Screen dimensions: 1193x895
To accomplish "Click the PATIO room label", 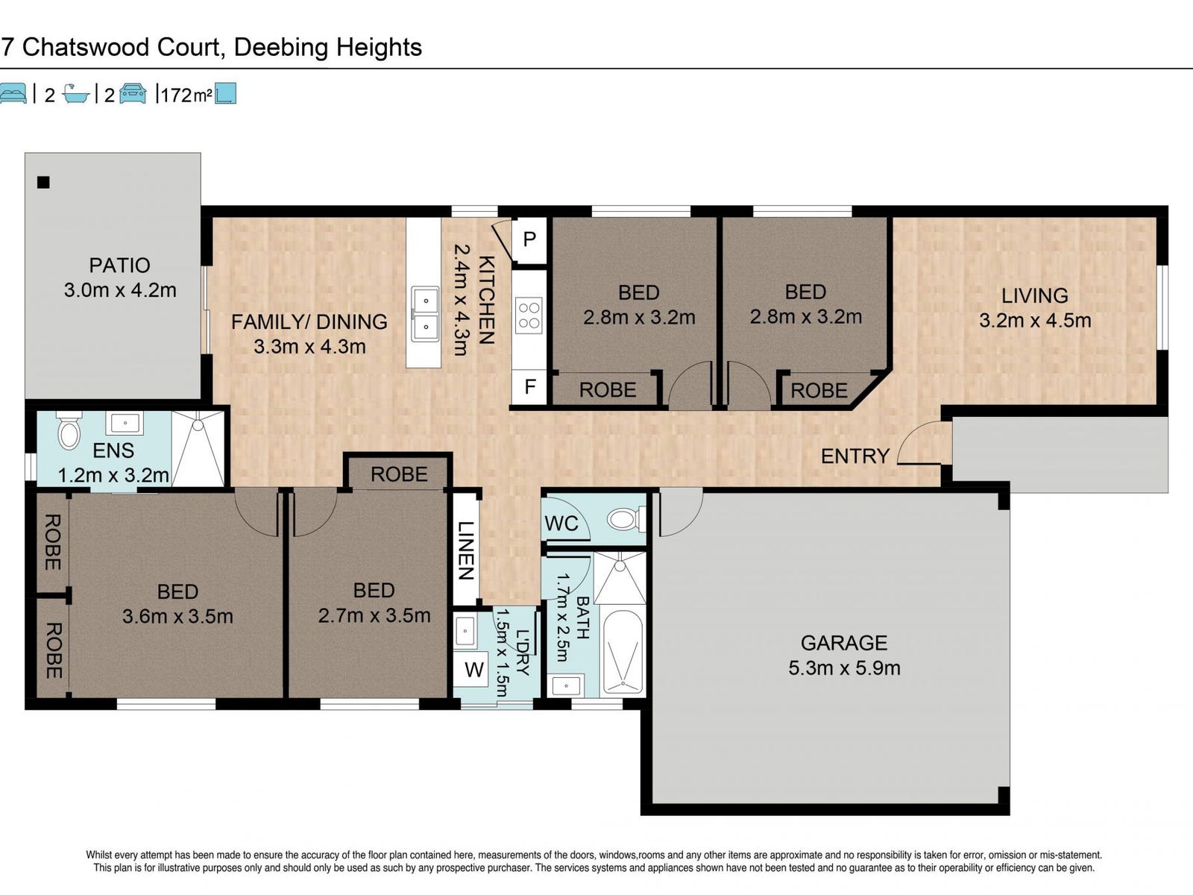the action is (119, 266).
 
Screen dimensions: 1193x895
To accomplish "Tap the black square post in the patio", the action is (43, 183).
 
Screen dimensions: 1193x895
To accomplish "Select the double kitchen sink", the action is (425, 314).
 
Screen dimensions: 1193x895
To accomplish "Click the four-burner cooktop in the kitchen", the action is (529, 315).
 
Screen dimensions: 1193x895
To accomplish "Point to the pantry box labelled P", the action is (529, 239).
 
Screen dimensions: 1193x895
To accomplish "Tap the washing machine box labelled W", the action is (473, 670).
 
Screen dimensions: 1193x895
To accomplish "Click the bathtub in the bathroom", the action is (623, 652).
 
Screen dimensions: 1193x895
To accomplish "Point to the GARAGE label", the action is (844, 643).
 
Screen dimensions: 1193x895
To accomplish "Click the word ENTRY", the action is (855, 456).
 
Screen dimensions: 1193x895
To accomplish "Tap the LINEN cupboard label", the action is (466, 550).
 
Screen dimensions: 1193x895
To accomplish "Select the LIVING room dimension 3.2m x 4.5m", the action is (1035, 320).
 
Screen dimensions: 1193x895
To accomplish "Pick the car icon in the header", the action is (133, 93).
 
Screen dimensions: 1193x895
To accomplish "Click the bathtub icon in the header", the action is (75, 94).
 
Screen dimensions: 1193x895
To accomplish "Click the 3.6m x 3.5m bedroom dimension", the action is (177, 616).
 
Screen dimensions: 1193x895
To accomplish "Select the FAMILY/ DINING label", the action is (309, 321).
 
